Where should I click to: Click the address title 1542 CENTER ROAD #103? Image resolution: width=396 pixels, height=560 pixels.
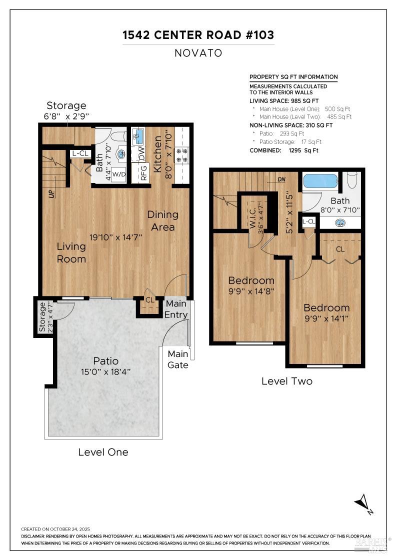198,35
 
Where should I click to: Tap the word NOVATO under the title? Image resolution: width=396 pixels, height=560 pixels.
198,53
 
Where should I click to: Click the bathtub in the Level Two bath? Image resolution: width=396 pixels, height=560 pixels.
320,181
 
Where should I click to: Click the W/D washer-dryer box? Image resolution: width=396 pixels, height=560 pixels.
119,174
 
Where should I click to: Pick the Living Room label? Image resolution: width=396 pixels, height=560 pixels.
71,252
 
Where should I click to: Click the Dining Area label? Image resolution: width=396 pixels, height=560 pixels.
162,220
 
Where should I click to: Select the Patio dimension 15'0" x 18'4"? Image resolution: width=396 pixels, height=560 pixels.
105,372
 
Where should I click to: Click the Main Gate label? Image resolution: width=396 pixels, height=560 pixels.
177,359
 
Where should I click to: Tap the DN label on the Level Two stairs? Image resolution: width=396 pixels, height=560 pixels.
281,179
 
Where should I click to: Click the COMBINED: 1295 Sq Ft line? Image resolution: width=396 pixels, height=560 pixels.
283,150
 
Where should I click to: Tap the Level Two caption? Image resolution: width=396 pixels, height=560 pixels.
287,381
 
